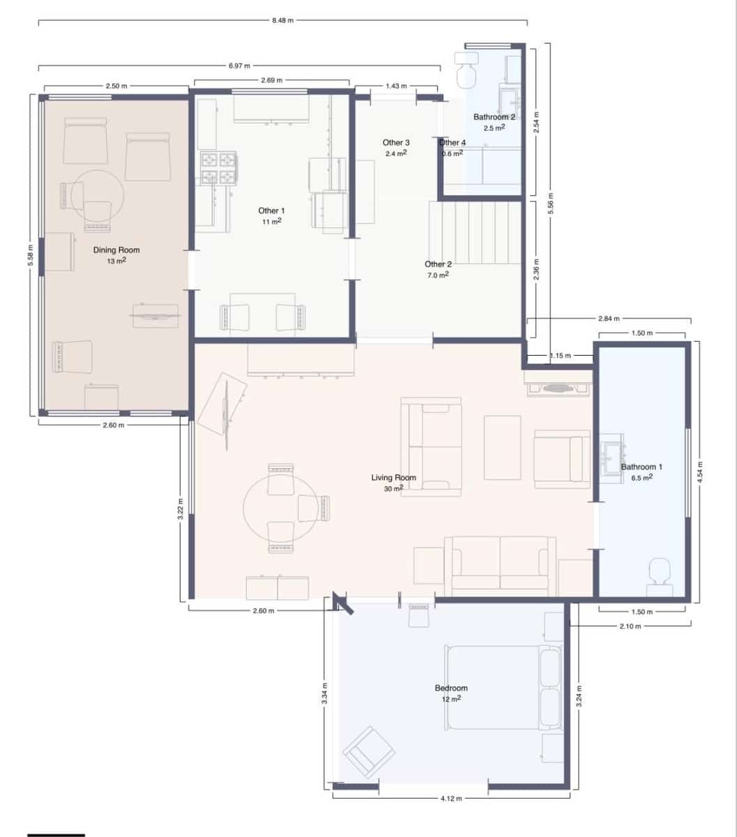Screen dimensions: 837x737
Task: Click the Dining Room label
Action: (116, 250)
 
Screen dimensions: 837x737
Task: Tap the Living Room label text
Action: (393, 478)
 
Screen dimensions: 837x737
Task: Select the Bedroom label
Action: (451, 688)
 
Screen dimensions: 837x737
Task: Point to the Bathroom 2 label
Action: (494, 117)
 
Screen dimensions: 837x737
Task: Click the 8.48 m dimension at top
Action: (282, 20)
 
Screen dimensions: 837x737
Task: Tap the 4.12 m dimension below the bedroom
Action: (451, 798)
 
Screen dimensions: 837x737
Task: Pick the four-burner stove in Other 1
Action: (219, 168)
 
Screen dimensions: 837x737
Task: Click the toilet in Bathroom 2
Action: (466, 70)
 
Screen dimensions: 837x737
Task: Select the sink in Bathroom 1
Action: (613, 458)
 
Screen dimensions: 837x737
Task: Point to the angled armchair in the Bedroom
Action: (368, 752)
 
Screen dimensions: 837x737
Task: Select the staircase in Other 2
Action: (474, 232)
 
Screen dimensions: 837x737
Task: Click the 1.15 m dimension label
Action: (560, 356)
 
